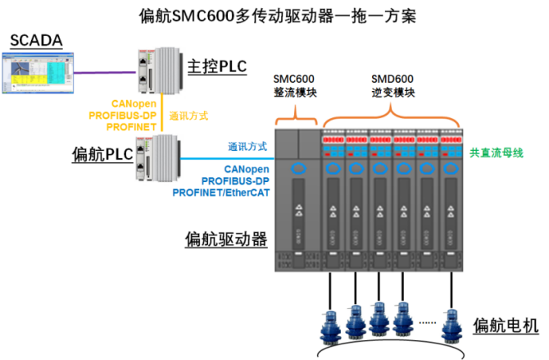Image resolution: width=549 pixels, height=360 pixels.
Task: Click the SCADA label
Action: pyautogui.click(x=37, y=40)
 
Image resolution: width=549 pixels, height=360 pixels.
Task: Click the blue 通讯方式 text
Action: pyautogui.click(x=247, y=148)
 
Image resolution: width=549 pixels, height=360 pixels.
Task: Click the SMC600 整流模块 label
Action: pyautogui.click(x=293, y=87)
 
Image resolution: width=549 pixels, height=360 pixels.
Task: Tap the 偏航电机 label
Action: pyautogui.click(x=506, y=324)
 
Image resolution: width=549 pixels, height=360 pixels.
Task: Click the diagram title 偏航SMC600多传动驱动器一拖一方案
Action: pyautogui.click(x=274, y=15)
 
